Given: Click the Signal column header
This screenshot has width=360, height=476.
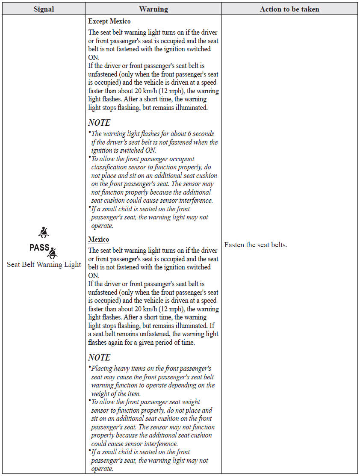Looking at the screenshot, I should (x=43, y=9).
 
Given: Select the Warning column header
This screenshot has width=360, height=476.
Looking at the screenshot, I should (x=153, y=9).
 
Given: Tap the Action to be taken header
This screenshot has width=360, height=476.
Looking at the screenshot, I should (x=289, y=9).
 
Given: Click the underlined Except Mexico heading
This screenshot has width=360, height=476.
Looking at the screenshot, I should (x=109, y=21).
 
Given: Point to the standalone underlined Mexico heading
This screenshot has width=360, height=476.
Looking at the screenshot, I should (x=99, y=239).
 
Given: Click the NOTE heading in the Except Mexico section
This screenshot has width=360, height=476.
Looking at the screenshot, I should (x=99, y=123).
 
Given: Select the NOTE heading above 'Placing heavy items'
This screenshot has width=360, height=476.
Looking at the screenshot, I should (x=99, y=358).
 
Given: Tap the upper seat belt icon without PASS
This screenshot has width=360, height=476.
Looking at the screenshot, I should (x=44, y=232).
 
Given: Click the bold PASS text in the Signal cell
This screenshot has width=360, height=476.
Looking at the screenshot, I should (x=39, y=248).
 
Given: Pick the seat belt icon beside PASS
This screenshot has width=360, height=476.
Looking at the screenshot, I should (x=53, y=253).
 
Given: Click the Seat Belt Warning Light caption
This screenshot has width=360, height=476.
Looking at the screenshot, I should (x=44, y=265).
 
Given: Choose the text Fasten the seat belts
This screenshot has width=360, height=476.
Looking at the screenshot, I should (x=256, y=245).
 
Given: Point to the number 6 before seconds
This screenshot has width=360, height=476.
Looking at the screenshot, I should (x=189, y=134).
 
